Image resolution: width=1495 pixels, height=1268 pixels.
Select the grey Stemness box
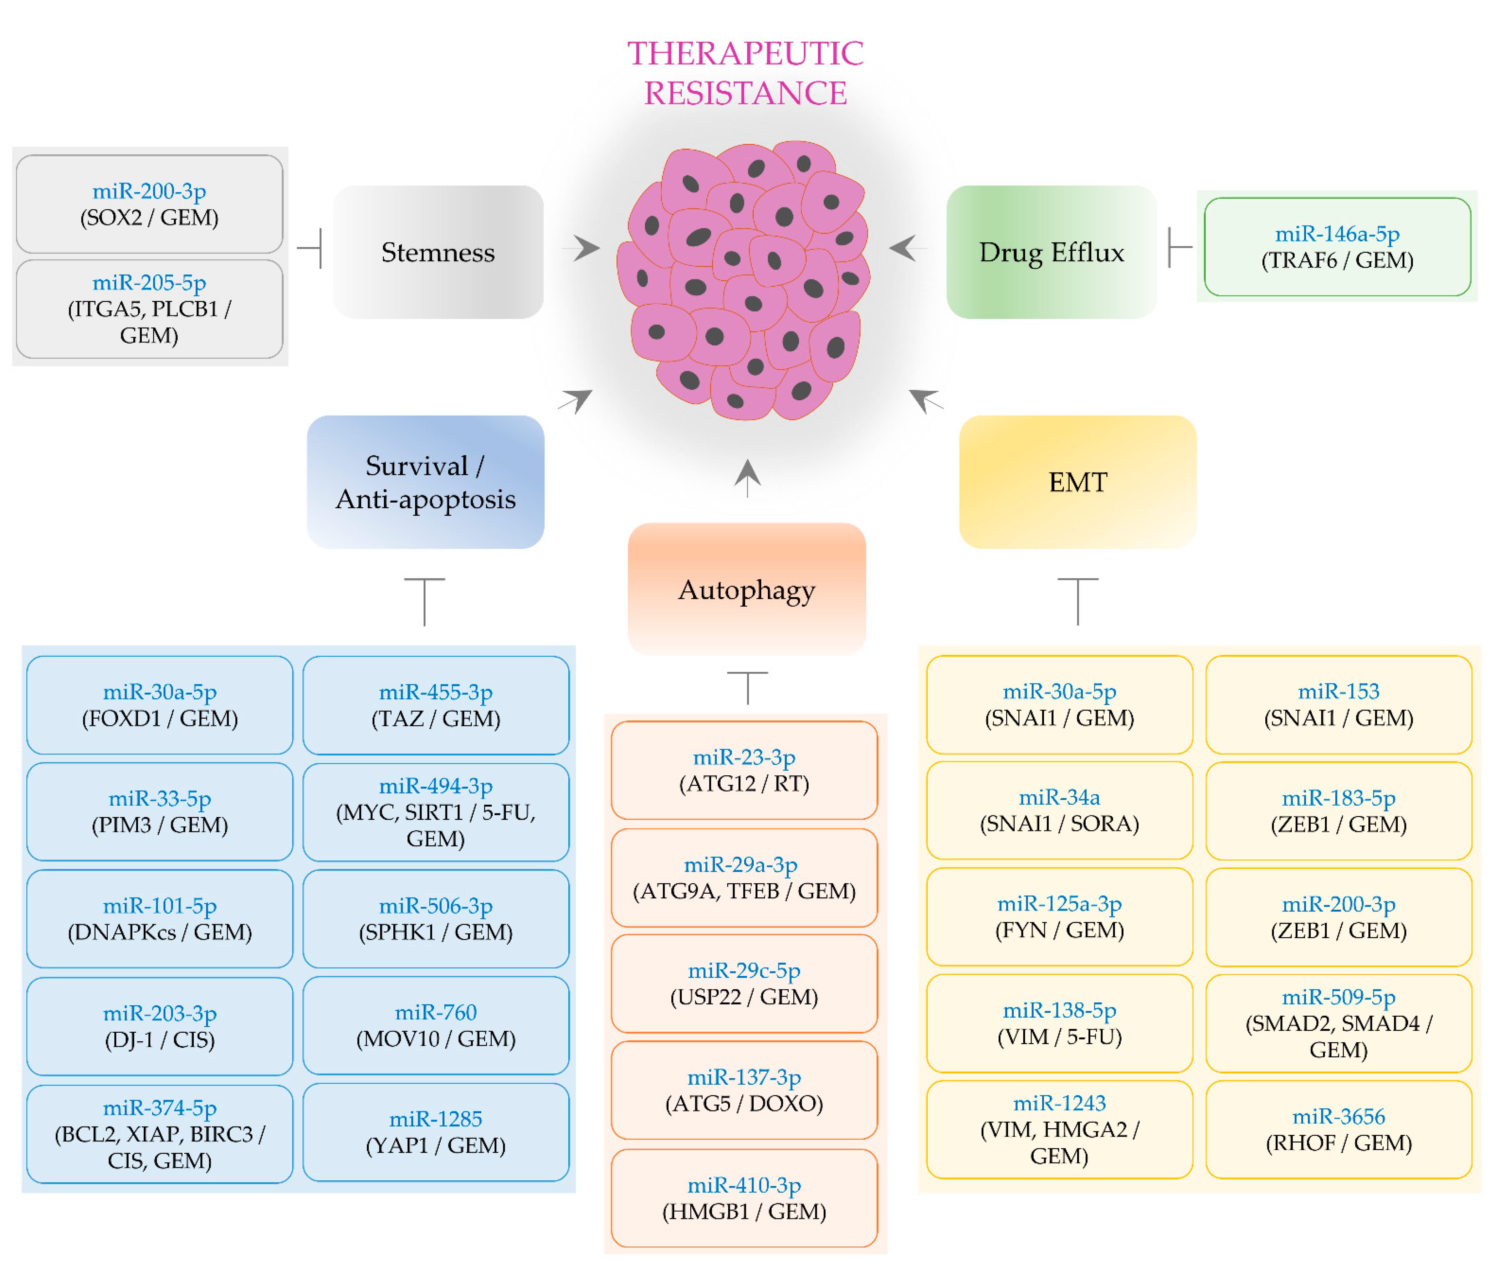pos(438,252)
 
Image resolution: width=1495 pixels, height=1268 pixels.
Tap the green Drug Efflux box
pos(1051,252)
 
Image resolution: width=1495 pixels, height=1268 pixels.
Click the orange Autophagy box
pos(746,589)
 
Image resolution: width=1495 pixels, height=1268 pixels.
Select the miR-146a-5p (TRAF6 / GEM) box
pos(1337,247)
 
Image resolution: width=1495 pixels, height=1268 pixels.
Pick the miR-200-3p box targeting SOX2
pos(150,204)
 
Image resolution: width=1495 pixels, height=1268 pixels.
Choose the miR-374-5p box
pos(160,1134)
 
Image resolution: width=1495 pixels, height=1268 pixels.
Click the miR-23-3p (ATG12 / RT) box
pos(744,770)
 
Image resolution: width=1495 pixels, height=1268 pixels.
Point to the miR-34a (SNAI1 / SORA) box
pos(1059,810)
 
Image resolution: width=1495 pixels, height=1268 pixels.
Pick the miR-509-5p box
pos(1338,1023)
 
